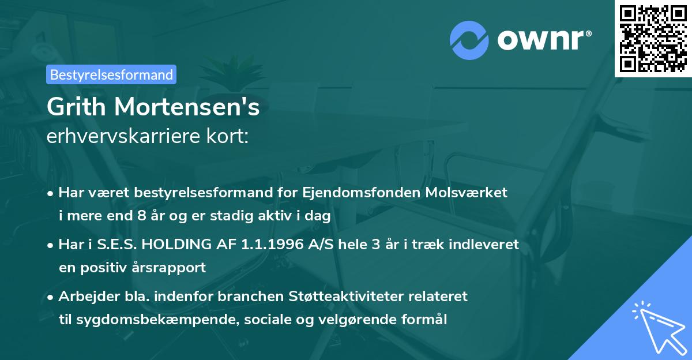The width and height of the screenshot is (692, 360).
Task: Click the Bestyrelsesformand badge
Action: pos(111,74)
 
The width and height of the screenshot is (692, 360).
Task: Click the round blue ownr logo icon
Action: pos(469,39)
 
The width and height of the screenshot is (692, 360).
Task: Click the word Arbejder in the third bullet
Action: pos(85,297)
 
